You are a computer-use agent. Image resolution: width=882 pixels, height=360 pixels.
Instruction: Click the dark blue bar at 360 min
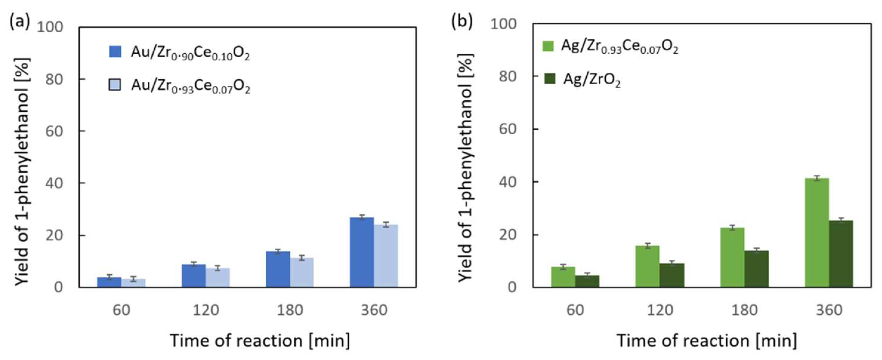click(362, 253)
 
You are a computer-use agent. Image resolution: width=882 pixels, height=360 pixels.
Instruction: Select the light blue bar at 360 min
click(386, 256)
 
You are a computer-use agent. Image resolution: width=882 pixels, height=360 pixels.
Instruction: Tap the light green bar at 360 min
click(817, 233)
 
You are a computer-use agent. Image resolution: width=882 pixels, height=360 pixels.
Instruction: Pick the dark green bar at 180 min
click(756, 269)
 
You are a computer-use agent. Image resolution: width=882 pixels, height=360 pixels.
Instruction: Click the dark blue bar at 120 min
click(194, 276)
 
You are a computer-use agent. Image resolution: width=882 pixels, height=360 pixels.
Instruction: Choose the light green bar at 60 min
click(563, 277)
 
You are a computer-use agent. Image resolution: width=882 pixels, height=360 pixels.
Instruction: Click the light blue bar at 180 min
click(302, 272)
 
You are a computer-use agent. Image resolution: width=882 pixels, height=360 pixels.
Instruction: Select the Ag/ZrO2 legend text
click(592, 80)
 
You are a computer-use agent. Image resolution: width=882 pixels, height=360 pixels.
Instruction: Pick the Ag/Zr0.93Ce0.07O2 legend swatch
click(548, 46)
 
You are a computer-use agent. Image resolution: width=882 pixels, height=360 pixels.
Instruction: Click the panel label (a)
click(19, 23)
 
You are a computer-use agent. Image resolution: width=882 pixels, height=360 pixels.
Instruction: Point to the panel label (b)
click(462, 22)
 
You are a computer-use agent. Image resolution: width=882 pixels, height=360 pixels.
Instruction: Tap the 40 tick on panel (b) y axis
click(508, 182)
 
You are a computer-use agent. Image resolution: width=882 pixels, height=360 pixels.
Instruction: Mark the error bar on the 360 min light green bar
click(817, 178)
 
